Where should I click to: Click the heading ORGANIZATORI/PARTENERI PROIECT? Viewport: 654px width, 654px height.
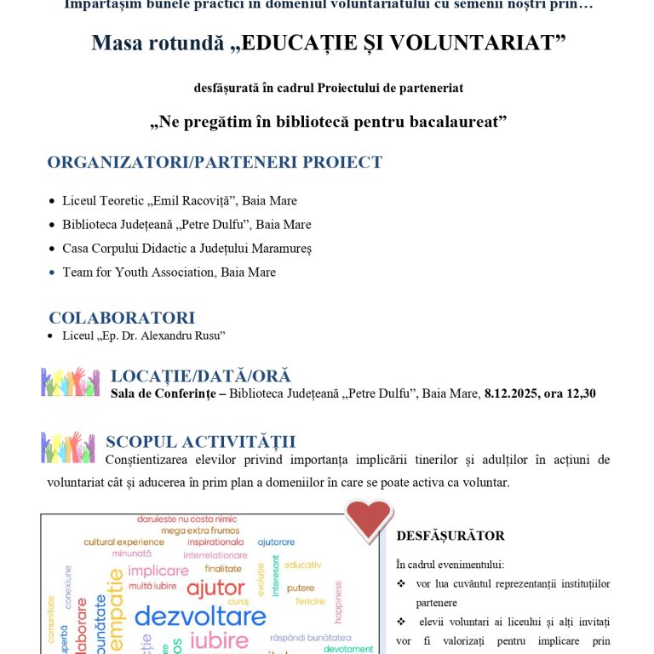tap(215, 163)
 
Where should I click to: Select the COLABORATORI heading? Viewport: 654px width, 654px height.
tap(122, 318)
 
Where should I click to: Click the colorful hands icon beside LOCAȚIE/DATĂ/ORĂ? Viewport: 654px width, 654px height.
tap(71, 381)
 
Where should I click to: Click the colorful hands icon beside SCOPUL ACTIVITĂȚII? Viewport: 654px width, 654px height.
tap(68, 446)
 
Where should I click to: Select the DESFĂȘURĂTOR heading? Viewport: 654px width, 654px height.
tap(450, 536)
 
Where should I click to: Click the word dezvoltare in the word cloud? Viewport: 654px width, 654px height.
tap(200, 616)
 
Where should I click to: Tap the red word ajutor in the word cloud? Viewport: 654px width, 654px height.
tap(215, 588)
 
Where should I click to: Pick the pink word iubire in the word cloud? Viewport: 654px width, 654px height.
tap(219, 641)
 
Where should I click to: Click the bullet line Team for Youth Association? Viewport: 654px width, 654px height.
tap(169, 272)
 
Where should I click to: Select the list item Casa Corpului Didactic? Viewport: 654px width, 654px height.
tap(186, 249)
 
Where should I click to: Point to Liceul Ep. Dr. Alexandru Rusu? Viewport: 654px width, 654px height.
tap(143, 336)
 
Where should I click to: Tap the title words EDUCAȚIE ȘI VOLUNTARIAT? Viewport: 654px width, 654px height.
tap(403, 43)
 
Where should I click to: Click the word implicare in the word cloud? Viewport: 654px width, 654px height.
tap(158, 571)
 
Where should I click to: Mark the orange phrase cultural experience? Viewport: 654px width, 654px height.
tap(123, 542)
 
